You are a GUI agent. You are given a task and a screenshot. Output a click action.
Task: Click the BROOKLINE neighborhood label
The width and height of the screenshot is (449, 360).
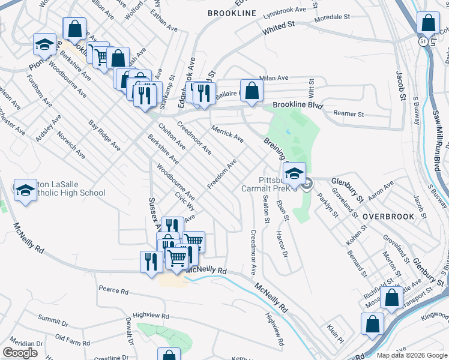pos(232,13)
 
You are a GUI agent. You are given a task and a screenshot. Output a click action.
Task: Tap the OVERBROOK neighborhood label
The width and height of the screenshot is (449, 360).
pos(388,216)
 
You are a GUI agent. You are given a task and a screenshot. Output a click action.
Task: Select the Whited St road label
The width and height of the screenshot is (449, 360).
pos(280,26)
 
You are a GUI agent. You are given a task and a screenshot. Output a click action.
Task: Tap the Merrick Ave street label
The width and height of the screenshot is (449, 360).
pos(228,133)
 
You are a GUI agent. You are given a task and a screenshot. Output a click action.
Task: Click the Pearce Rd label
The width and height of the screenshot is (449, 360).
pos(114,291)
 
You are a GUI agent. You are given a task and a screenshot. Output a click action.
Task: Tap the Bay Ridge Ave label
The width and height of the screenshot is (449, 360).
pos(104,136)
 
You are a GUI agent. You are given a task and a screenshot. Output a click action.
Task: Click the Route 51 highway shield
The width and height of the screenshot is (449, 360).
pos(423,40)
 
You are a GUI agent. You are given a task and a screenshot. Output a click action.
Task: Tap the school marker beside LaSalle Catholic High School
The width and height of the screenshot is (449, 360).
pos(25,191)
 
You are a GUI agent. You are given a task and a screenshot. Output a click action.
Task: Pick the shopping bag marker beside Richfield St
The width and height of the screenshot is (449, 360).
pos(391,298)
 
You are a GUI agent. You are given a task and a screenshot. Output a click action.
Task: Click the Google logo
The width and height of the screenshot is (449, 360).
pos(20,353)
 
